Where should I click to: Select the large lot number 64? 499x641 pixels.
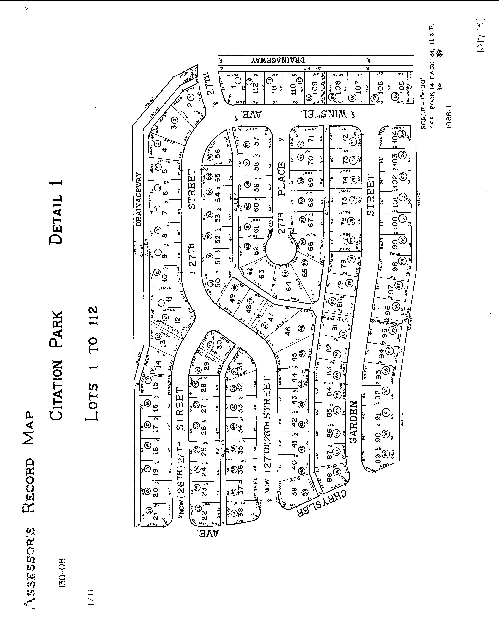[x=288, y=286]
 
